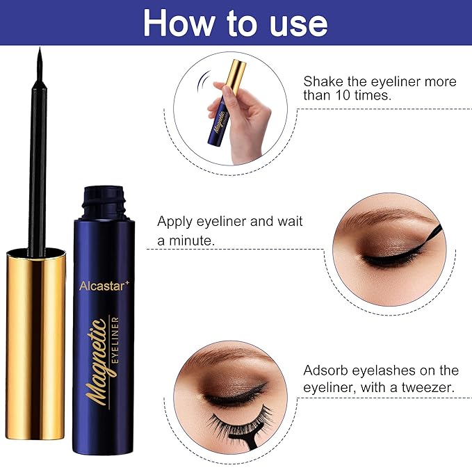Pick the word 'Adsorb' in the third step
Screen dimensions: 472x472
coord(327,370)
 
